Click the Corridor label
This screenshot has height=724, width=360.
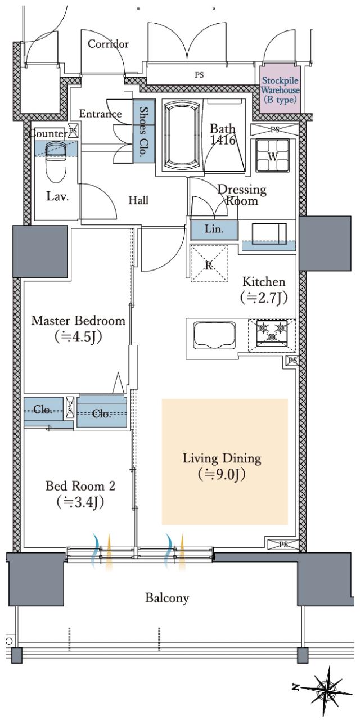[108, 44]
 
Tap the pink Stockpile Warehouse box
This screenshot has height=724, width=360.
[280, 89]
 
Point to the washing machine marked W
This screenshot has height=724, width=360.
[273, 155]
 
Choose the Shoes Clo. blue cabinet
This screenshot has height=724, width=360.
[144, 131]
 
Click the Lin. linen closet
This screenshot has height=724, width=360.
[214, 230]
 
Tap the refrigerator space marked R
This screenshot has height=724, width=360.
[209, 263]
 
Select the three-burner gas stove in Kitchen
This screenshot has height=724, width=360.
[272, 335]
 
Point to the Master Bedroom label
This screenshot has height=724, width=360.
[78, 321]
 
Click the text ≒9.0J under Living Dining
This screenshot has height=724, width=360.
[222, 474]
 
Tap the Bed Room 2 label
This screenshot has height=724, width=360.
[80, 486]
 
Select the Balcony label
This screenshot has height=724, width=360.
[166, 598]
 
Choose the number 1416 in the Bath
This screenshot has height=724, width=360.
[223, 140]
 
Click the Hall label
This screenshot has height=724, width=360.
[138, 200]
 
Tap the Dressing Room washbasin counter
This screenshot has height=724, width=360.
[268, 235]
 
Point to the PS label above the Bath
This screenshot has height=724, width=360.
[199, 75]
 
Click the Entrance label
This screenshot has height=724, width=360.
[100, 114]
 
